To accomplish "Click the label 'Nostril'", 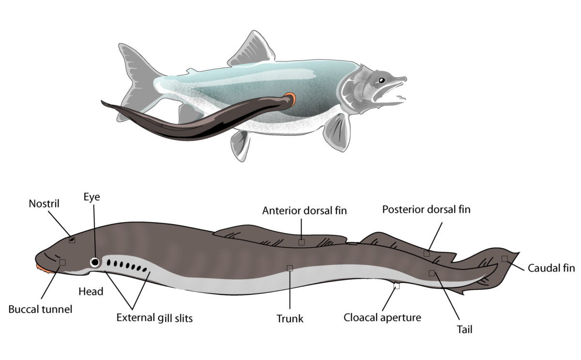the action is point(44,204).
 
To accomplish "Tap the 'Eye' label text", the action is point(92,197).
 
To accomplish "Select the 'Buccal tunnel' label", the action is point(41,309).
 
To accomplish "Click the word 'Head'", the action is point(91,292).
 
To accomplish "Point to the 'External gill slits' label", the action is point(154,318).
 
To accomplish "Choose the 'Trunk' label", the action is point(290,319).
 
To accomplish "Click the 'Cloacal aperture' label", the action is point(382,318).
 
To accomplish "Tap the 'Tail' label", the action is point(464,330).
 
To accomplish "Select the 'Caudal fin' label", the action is point(551,268).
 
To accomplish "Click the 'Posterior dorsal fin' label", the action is point(427,210).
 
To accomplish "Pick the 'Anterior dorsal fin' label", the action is point(305,210).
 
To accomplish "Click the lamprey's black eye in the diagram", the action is point(95,262).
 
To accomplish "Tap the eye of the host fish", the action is point(382,80).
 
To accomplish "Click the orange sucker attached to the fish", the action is point(291,100).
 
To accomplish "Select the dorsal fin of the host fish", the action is point(251,49).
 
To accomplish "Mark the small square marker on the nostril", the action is point(72,240).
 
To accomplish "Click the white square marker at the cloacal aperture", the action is point(397,286).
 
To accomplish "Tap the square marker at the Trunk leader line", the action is point(290,268).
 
